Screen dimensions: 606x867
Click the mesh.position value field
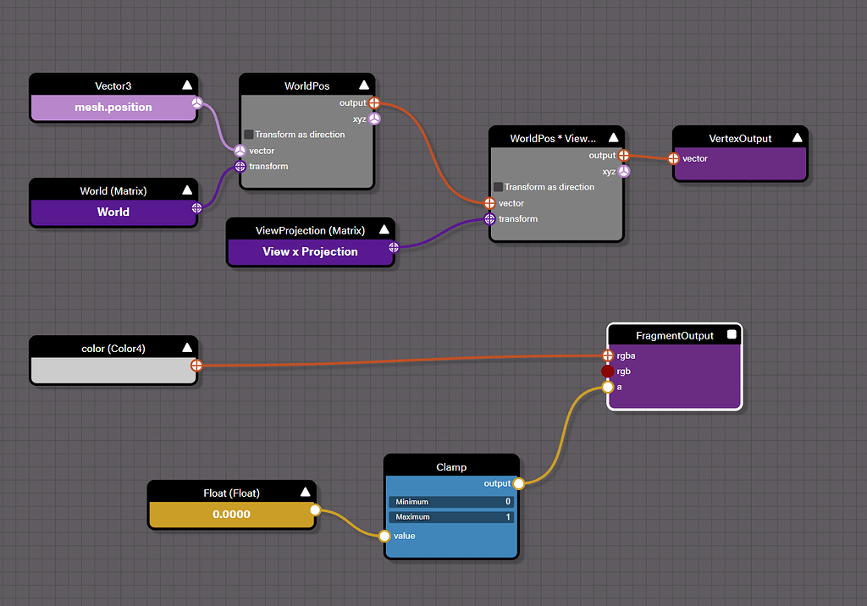(x=113, y=107)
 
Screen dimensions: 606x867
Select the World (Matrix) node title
(x=113, y=190)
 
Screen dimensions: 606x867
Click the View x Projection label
(x=310, y=251)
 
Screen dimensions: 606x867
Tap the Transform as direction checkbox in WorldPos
(x=249, y=135)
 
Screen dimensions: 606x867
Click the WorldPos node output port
(x=374, y=103)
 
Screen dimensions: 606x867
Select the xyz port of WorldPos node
(x=374, y=118)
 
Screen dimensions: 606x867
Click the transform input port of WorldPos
(x=240, y=166)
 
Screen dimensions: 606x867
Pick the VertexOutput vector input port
(x=673, y=158)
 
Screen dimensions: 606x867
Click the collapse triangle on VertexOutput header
(x=797, y=138)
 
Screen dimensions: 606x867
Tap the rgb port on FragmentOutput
(x=607, y=372)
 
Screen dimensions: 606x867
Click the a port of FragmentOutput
(x=607, y=387)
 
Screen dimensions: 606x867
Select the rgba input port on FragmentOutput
(x=607, y=355)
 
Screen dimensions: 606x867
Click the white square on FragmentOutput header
(x=732, y=335)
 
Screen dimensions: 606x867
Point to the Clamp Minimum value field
(x=451, y=502)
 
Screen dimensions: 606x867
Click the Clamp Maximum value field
(x=451, y=516)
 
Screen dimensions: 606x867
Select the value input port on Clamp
(x=384, y=536)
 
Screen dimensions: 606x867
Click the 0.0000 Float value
(x=231, y=514)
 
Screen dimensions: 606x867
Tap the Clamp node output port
(x=518, y=483)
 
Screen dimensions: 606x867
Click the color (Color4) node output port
(x=196, y=366)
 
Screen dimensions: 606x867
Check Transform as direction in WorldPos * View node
(x=499, y=187)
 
